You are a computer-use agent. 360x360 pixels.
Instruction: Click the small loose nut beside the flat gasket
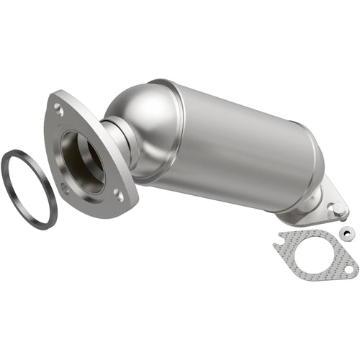click(x=347, y=233)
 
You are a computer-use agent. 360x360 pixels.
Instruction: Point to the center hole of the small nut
click(x=347, y=233)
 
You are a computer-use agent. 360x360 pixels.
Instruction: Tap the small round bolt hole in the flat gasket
click(x=348, y=269)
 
